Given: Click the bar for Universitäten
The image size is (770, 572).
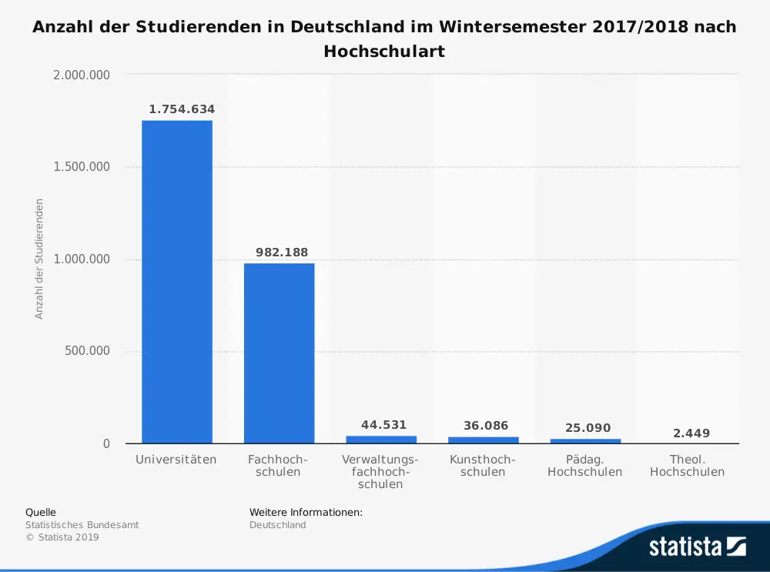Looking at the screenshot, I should tap(176, 282).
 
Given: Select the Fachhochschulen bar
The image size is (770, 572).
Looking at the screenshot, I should tap(279, 353).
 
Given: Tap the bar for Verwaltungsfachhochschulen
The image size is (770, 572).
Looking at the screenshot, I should tap(381, 440).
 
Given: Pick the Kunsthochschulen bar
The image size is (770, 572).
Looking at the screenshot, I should tap(484, 440).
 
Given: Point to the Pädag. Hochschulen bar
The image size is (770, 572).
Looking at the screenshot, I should tap(585, 441).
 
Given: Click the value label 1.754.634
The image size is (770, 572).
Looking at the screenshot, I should tap(182, 109).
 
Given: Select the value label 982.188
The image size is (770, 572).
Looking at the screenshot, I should tap(282, 253).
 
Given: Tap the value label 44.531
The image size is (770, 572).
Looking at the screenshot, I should tap(383, 425).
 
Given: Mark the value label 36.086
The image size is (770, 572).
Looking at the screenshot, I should tap(486, 426).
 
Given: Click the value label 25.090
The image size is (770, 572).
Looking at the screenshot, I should tap(588, 427).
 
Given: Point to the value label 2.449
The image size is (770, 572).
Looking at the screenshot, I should tap(691, 433).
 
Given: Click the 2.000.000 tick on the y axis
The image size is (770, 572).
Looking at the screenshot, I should tap(82, 75).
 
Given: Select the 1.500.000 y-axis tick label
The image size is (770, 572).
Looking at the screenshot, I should tap(82, 167).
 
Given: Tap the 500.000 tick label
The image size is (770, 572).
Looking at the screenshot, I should tap(87, 351).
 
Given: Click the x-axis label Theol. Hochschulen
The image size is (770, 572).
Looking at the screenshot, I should tap(687, 466).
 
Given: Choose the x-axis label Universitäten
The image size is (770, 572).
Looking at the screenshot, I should tap(176, 460).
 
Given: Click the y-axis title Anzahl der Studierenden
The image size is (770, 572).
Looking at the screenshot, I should tap(39, 259).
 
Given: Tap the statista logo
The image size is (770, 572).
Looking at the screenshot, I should tap(697, 547).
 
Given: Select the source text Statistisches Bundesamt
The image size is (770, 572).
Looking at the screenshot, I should tap(82, 525).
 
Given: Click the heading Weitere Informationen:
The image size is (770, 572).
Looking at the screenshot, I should tap(306, 512).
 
